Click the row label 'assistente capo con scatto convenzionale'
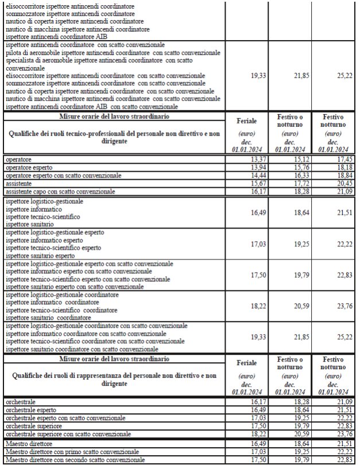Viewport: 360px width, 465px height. click(60, 191)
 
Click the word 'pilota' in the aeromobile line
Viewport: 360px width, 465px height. click(14, 53)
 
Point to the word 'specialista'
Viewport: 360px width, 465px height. click(21, 60)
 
